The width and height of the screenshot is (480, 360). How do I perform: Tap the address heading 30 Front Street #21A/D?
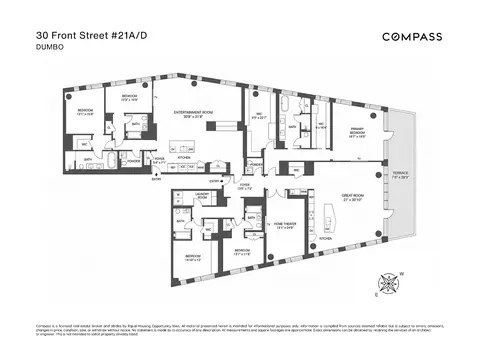67,31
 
